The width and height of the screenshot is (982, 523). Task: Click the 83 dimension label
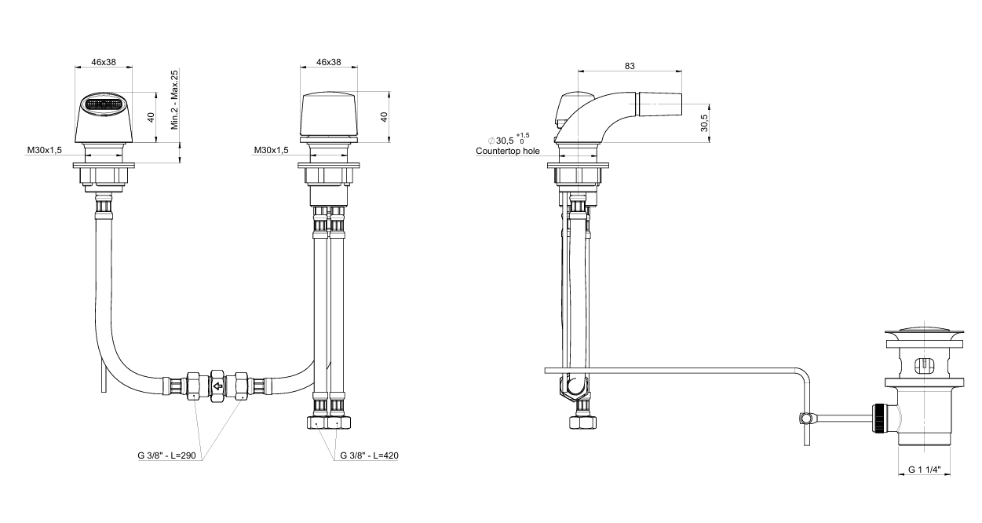(x=630, y=66)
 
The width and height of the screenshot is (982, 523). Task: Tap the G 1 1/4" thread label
(x=925, y=470)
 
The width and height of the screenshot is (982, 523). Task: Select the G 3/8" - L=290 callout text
(x=167, y=455)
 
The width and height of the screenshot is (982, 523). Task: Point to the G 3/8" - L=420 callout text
(x=369, y=455)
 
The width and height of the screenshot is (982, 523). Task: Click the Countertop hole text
(x=508, y=152)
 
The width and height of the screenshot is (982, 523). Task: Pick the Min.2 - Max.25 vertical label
(x=174, y=100)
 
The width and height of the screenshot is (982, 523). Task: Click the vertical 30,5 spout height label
(x=704, y=123)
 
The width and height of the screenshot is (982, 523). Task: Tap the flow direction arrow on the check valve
(x=217, y=386)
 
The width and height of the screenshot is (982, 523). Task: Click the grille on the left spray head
(x=104, y=104)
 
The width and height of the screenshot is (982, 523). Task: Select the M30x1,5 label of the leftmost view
(x=45, y=150)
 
